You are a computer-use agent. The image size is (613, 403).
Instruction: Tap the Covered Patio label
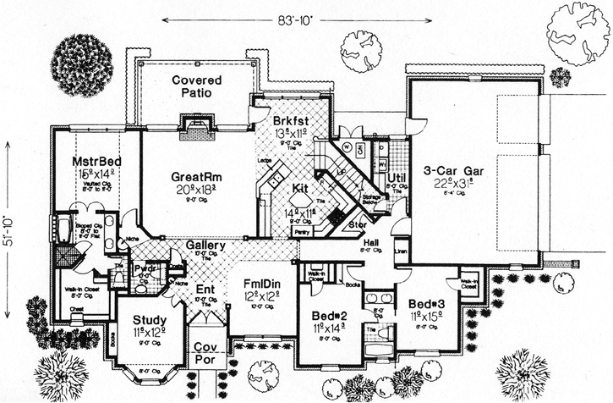tap(197, 86)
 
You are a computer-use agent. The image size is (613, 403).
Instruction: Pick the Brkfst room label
tap(291, 120)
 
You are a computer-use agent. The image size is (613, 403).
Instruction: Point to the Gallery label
tap(205, 246)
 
